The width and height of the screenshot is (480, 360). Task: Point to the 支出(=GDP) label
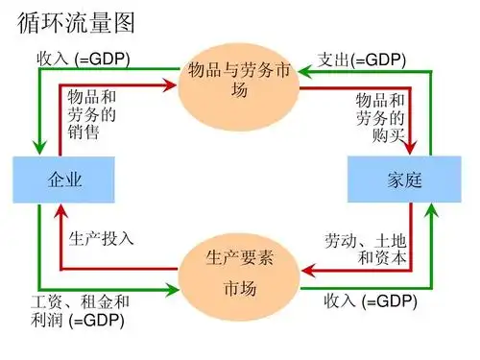pos(363,60)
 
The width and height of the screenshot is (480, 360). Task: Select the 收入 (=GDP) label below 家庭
pos(370,303)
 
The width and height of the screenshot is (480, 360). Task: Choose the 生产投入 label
pos(101,237)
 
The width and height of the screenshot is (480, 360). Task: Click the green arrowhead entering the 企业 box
pos(39,149)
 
